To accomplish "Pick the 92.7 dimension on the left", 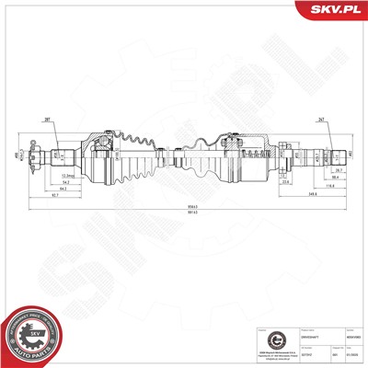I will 56,193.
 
